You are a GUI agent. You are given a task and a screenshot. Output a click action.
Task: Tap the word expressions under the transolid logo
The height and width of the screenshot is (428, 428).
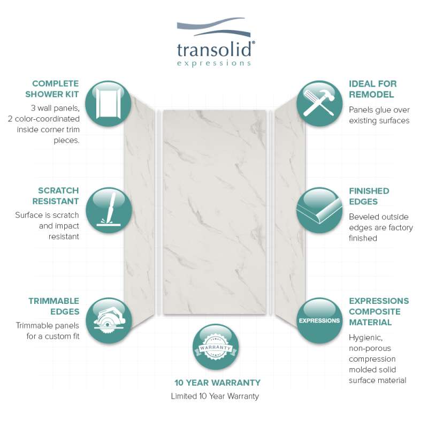point(214,63)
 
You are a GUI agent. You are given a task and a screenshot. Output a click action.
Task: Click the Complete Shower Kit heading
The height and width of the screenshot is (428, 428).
point(52,89)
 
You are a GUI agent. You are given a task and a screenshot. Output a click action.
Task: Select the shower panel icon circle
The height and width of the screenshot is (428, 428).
point(108,103)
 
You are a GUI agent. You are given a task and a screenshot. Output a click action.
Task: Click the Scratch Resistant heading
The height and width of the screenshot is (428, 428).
point(56,196)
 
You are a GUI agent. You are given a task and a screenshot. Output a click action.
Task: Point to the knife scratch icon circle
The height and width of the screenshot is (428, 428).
point(109,210)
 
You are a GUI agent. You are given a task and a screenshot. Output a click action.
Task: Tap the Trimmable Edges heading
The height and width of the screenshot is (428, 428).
point(54,306)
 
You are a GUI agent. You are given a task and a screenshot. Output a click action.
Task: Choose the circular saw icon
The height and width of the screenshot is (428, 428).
point(109,320)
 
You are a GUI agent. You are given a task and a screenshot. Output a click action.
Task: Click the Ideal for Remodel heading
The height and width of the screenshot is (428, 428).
point(372,89)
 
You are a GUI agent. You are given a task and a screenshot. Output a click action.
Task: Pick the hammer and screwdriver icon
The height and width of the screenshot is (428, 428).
point(319,103)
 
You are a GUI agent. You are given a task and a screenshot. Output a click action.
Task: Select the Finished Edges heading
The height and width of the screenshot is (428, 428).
point(369,196)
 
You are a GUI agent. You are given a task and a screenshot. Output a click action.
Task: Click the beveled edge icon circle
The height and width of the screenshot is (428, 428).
point(319,210)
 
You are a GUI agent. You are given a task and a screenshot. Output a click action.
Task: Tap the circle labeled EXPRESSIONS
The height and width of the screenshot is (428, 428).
point(319,320)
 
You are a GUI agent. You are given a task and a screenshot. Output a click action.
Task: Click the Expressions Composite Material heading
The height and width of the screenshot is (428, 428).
point(379,311)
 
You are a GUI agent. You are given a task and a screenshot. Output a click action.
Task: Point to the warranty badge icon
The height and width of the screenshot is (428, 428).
point(216,347)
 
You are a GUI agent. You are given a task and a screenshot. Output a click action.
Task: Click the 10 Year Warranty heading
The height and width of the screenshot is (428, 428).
point(217,383)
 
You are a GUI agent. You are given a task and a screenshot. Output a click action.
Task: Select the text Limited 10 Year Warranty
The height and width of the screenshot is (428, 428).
point(215,396)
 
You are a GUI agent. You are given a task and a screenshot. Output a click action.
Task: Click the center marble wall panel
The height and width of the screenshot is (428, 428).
point(215,212)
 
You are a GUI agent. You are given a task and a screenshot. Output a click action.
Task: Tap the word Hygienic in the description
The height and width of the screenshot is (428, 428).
point(365,338)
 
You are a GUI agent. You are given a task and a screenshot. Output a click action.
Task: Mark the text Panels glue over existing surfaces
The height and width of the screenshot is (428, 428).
point(379,115)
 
